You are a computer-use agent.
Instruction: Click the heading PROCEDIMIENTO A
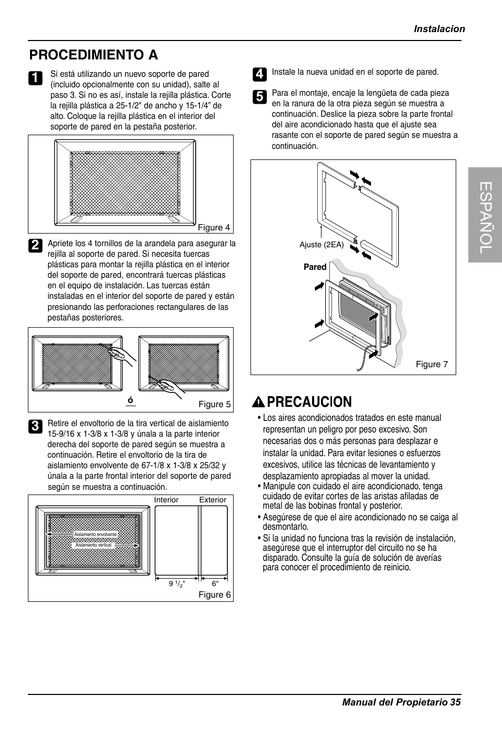coord(94,55)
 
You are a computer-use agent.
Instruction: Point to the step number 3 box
coord(34,426)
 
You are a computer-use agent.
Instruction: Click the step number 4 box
coord(258,74)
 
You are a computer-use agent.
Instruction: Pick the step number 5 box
coord(258,96)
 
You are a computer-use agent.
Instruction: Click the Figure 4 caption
coord(214,228)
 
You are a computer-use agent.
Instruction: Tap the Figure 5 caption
coord(214,404)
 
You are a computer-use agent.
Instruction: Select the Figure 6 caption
coord(214,594)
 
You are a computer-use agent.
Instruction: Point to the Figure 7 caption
coord(431,364)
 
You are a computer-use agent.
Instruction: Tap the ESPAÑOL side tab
coord(485,215)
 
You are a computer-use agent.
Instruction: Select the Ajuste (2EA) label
coord(322,245)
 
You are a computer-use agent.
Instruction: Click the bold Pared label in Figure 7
coord(315,267)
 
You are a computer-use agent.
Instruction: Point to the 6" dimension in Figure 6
coord(215,583)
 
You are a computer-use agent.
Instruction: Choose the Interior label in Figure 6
coord(166,500)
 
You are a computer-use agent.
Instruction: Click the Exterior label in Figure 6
coord(213,500)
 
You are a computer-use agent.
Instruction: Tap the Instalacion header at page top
coord(439,29)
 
